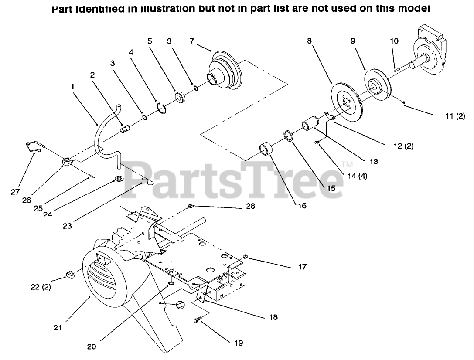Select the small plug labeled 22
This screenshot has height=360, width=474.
[69, 274]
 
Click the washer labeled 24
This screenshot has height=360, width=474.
[119, 179]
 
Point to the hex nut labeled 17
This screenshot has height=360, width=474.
[245, 257]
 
